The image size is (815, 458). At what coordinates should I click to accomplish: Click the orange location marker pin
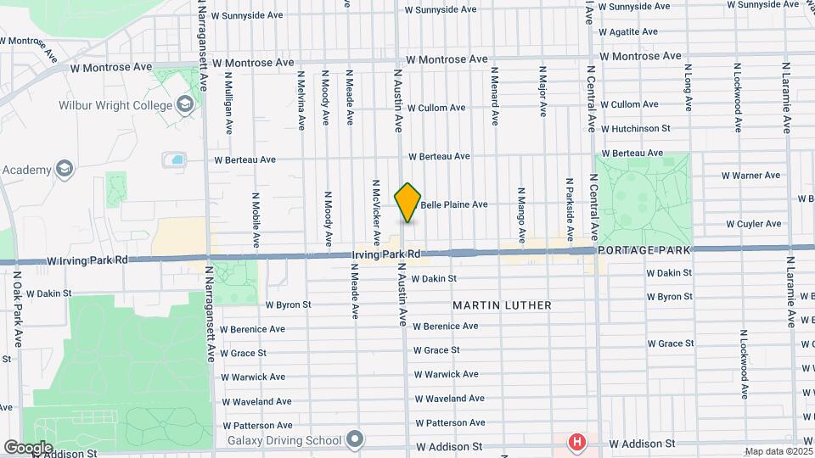pos(407,202)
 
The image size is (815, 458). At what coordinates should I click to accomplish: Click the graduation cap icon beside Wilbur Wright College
pos(184,105)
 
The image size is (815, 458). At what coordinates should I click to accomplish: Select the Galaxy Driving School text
pos(284,440)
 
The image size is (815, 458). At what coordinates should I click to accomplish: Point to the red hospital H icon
pos(577,442)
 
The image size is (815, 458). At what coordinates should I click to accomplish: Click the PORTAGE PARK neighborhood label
pos(644,250)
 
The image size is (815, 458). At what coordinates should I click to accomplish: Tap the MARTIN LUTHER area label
pos(502,304)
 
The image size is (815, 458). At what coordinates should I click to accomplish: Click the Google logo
pos(28,447)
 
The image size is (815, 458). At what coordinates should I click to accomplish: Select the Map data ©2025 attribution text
pos(778,451)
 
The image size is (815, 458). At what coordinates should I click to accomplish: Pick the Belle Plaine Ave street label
pos(454,204)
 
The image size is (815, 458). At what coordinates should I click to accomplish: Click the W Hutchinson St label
pos(636,129)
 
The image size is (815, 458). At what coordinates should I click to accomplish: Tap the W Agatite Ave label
pos(627,32)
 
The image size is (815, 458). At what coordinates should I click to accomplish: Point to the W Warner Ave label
pos(750,176)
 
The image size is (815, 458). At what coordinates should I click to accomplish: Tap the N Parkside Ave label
pos(570,207)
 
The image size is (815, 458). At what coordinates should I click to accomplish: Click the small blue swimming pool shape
pos(177,159)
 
